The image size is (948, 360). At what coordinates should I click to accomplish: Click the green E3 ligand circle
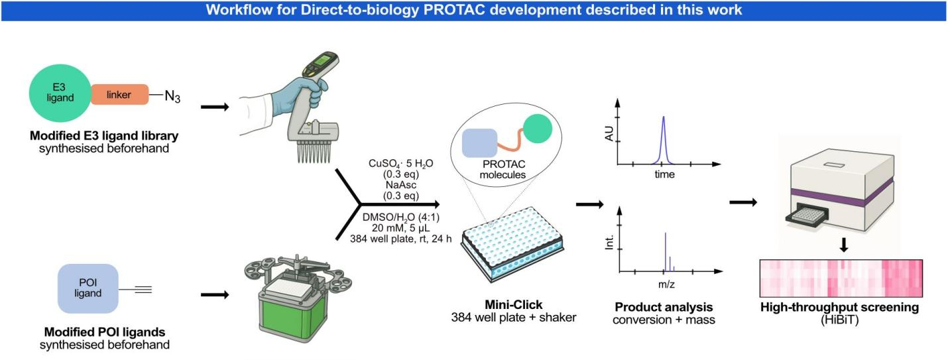60,94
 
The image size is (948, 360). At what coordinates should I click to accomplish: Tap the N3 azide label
172,97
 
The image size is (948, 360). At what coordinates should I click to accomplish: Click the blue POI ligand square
88,288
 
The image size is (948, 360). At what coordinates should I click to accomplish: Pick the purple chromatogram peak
664,139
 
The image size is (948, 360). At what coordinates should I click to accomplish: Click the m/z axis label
665,283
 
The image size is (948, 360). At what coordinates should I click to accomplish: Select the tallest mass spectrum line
665,251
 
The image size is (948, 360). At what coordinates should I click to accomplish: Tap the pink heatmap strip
840,278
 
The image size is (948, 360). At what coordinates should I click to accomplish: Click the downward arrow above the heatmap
844,245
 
